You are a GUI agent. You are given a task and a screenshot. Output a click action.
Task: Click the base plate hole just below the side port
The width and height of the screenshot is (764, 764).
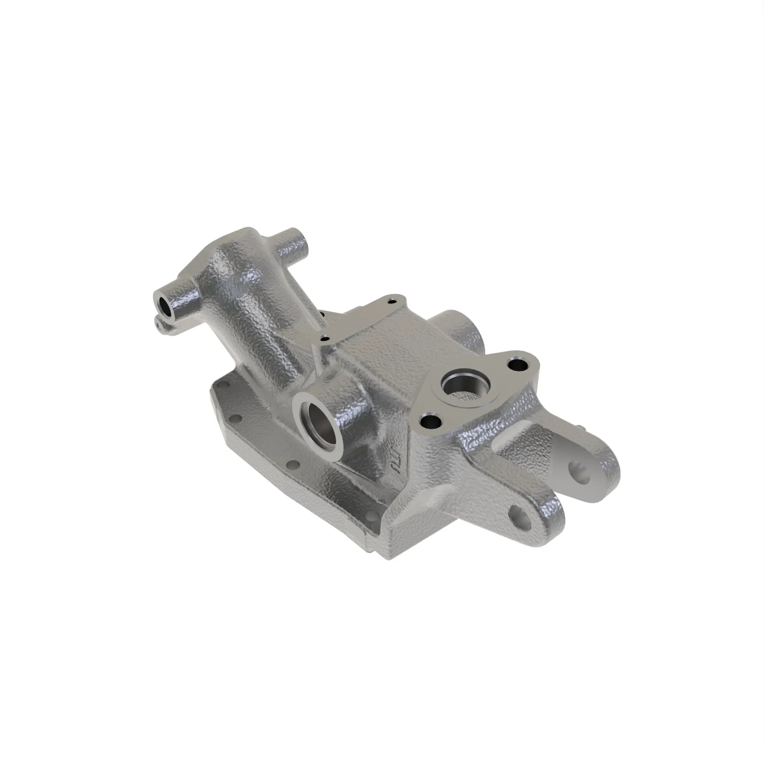(293, 464)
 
